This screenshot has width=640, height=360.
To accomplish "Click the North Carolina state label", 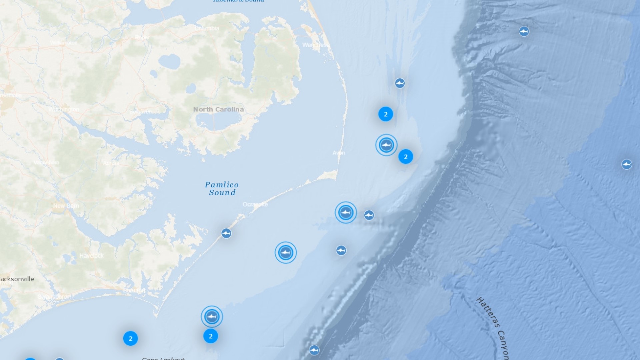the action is point(218,109).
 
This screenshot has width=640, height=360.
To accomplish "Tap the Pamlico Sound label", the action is point(222,189).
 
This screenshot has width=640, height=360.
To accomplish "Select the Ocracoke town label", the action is point(255,204).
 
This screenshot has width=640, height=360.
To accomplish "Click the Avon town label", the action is point(338,153).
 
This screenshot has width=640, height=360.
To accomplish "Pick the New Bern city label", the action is point(66,206).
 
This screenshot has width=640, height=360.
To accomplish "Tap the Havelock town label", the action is point(91,256).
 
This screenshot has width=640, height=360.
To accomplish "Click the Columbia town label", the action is point(207,28).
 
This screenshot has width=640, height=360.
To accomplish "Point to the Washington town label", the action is point(64,109).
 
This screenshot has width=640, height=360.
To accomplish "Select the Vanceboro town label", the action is point(46,162).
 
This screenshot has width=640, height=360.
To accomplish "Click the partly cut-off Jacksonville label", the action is point(17,279).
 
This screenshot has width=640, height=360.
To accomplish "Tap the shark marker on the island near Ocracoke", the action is point(226,233).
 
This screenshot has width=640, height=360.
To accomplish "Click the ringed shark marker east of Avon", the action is point(386,145).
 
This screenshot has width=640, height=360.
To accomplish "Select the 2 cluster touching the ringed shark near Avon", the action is point(406,157).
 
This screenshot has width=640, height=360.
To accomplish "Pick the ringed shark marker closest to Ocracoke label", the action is point(346,212).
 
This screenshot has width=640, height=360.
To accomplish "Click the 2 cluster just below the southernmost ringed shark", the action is point(211,336).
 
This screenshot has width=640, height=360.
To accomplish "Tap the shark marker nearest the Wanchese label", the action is point(400,83).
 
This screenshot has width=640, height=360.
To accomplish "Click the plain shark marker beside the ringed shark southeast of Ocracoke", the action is point(369,215).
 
